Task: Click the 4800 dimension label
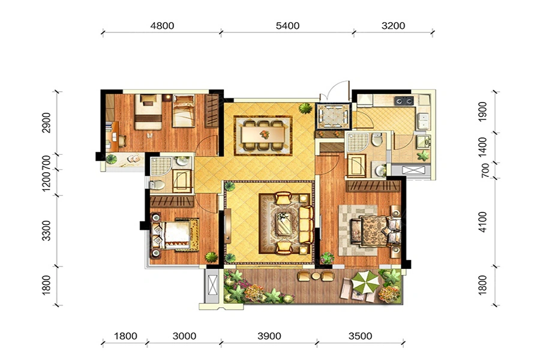(x=162, y=26)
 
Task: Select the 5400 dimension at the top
(x=287, y=26)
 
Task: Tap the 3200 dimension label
(x=393, y=26)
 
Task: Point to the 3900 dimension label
(x=269, y=336)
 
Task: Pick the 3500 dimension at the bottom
(x=360, y=336)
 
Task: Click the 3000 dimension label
(x=184, y=336)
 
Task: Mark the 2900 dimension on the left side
(x=46, y=122)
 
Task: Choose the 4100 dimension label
(x=483, y=222)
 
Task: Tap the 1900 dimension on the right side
(x=483, y=112)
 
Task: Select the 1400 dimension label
(x=483, y=148)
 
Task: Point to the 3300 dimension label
(x=46, y=231)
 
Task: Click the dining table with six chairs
(x=263, y=134)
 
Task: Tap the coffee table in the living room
(x=284, y=224)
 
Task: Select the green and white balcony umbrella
(x=365, y=281)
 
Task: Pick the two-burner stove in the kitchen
(x=404, y=101)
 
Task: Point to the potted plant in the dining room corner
(x=305, y=108)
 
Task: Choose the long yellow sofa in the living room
(x=306, y=225)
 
